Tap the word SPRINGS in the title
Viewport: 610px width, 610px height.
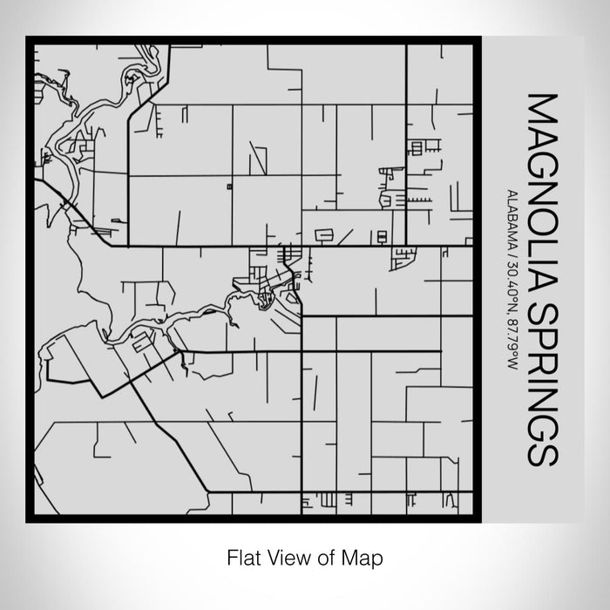(537, 383)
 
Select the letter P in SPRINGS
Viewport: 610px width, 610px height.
(537, 336)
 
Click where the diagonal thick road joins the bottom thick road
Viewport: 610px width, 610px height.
(209, 492)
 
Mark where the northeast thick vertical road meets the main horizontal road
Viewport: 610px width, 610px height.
(405, 247)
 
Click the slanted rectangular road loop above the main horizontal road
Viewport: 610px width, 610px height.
(324, 234)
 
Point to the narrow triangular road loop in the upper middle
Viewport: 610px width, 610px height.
(258, 158)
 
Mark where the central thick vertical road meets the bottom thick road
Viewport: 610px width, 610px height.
(302, 492)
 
